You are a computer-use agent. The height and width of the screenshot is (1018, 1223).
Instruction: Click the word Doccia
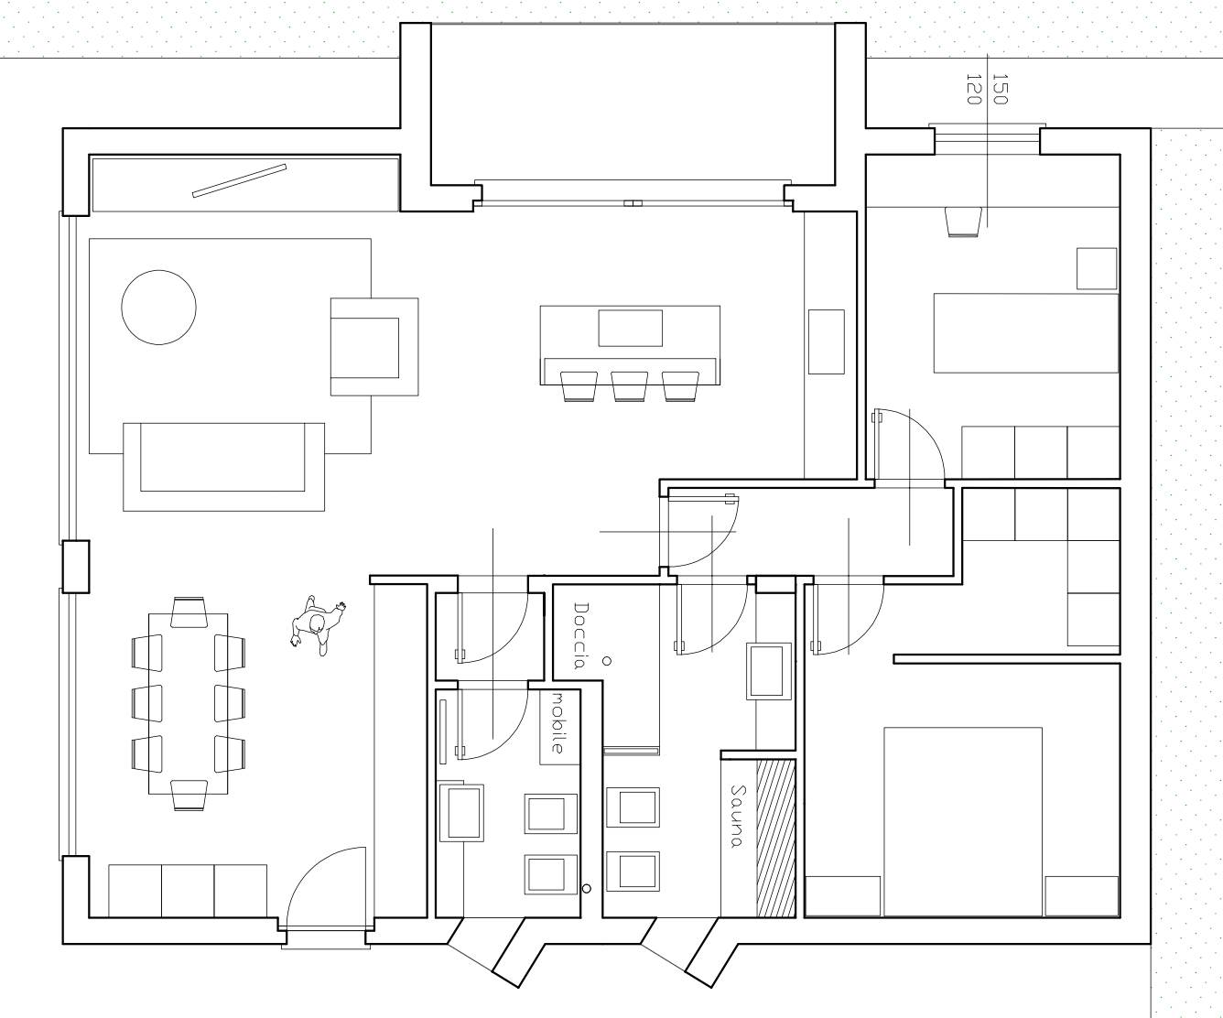(580, 635)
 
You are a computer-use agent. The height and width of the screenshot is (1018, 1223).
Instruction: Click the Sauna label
(737, 816)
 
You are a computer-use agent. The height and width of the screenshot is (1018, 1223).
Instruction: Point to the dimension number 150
(1001, 89)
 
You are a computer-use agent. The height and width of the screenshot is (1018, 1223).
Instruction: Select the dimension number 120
(973, 89)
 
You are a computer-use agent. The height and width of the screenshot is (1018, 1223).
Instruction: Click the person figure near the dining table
(318, 625)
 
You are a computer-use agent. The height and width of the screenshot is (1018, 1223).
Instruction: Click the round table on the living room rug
(158, 307)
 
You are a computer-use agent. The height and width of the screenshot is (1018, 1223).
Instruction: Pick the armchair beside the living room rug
(374, 347)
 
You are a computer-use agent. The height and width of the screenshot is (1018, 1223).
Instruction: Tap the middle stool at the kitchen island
(630, 386)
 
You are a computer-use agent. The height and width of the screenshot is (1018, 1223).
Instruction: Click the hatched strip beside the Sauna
(776, 839)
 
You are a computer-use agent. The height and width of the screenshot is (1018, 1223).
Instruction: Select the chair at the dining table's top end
(189, 612)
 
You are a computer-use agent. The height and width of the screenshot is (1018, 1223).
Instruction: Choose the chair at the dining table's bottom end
(189, 796)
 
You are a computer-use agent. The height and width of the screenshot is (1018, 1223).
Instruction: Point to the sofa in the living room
(223, 467)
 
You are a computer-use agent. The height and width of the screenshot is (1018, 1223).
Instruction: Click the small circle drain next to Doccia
(608, 661)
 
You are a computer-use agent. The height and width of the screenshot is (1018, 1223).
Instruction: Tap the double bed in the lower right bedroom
(963, 822)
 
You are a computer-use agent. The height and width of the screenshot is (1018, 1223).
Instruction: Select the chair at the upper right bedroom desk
(964, 222)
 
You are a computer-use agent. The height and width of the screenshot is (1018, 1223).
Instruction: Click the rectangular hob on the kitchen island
(630, 328)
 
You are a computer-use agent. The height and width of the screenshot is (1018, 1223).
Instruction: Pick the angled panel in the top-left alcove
(240, 181)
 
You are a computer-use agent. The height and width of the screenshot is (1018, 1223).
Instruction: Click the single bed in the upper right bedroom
(1025, 333)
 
